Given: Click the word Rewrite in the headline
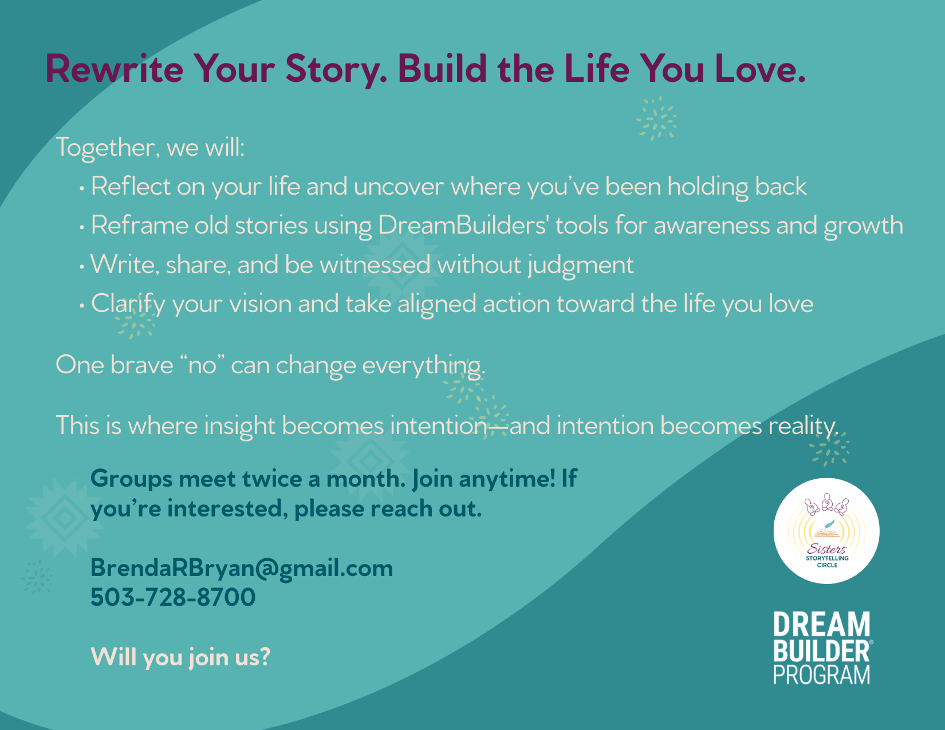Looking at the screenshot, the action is (115, 69).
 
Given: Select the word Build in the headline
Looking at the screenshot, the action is (442, 68).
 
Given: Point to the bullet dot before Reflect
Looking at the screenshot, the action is (82, 189).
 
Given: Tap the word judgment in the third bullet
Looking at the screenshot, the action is (581, 265).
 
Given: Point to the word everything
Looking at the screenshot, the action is (423, 365).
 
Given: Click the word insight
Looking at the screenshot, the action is (239, 425).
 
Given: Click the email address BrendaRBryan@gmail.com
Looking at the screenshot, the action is (241, 569).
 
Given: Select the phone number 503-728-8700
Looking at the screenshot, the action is (173, 597).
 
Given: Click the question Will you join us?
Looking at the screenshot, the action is (180, 657).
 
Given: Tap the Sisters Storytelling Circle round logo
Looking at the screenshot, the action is (826, 531).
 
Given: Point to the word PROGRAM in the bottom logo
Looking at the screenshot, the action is (821, 674).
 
